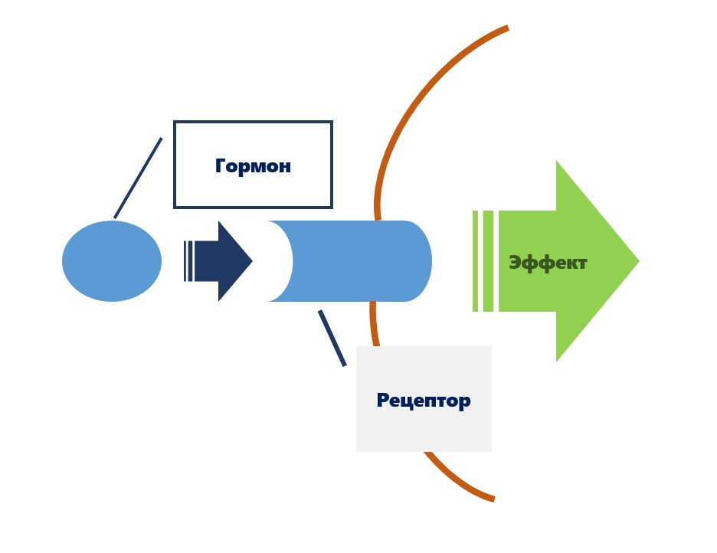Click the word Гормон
coord(253,165)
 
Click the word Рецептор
coord(423,400)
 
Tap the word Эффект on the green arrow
coord(548,263)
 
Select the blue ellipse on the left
coord(112,261)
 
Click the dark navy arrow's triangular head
coord(233,261)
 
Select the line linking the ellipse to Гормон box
coord(138,178)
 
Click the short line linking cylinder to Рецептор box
coord(332,337)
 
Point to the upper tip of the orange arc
coord(506,29)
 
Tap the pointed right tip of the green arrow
coord(637,261)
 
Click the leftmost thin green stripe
coord(476,261)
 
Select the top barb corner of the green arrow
coord(557,162)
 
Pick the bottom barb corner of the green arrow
coord(557,360)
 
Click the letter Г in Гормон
coord(221,165)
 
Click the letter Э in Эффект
coord(516,263)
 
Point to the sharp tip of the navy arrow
coord(251,261)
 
